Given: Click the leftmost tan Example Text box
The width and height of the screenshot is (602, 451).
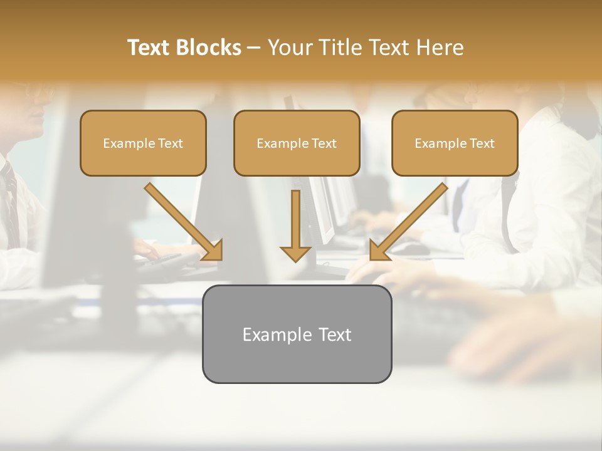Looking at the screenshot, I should coord(143,143).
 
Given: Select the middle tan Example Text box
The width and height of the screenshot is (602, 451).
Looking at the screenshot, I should coord(297,143).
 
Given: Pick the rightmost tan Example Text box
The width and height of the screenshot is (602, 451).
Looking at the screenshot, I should coord(455,143).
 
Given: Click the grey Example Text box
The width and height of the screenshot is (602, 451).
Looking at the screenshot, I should coord(297,334).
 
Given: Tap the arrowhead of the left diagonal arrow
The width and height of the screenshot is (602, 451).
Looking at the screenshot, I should coord(213,251).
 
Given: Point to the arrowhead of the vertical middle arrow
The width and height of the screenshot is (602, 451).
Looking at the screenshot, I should coord(295,254).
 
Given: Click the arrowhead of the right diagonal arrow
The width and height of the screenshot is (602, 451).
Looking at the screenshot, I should coord(379,251).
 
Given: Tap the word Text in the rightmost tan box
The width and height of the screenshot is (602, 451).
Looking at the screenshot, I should coord(482,143).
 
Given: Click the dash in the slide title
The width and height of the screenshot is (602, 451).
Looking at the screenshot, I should coord(254,48).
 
